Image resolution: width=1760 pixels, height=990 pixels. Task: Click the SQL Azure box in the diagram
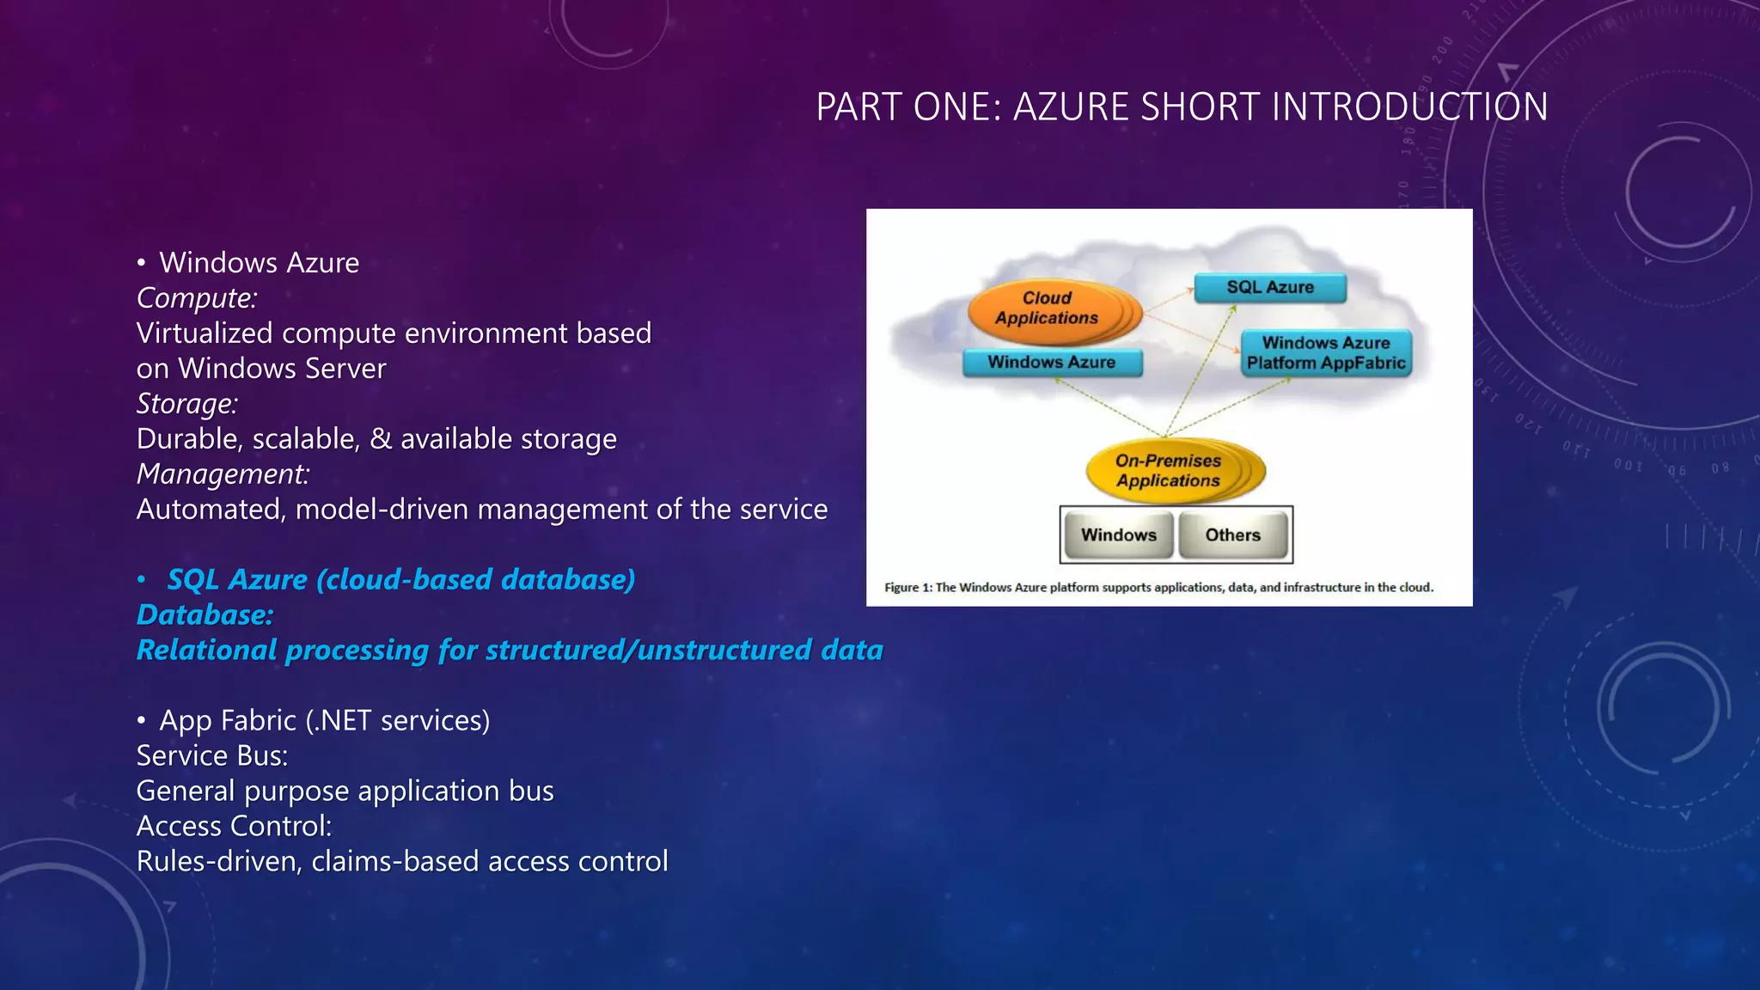pyautogui.click(x=1269, y=288)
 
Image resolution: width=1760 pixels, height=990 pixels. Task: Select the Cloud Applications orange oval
pyautogui.click(x=1047, y=309)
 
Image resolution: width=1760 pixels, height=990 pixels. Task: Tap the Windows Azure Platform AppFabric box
pyautogui.click(x=1325, y=353)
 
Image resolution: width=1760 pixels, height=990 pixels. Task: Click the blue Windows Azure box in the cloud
pyautogui.click(x=1051, y=363)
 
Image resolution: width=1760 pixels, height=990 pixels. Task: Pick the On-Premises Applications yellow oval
pyautogui.click(x=1168, y=471)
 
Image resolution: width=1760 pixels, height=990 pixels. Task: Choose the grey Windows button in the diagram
pyautogui.click(x=1118, y=535)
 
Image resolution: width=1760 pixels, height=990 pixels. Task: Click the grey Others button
pyautogui.click(x=1232, y=535)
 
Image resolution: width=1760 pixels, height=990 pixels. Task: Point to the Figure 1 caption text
pyautogui.click(x=1158, y=588)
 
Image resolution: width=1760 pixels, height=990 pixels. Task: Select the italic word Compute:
pyautogui.click(x=197, y=298)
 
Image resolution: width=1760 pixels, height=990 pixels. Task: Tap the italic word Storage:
pyautogui.click(x=187, y=404)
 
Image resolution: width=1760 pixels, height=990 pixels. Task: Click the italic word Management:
pyautogui.click(x=223, y=474)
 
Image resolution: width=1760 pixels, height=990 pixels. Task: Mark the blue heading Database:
pyautogui.click(x=205, y=615)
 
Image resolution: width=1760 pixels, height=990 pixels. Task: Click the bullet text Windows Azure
pyautogui.click(x=259, y=263)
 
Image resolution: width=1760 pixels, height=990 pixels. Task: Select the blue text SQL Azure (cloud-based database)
pyautogui.click(x=400, y=580)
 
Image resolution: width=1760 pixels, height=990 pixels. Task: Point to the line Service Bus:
pyautogui.click(x=212, y=756)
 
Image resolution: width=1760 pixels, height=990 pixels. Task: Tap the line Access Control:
pyautogui.click(x=234, y=827)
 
